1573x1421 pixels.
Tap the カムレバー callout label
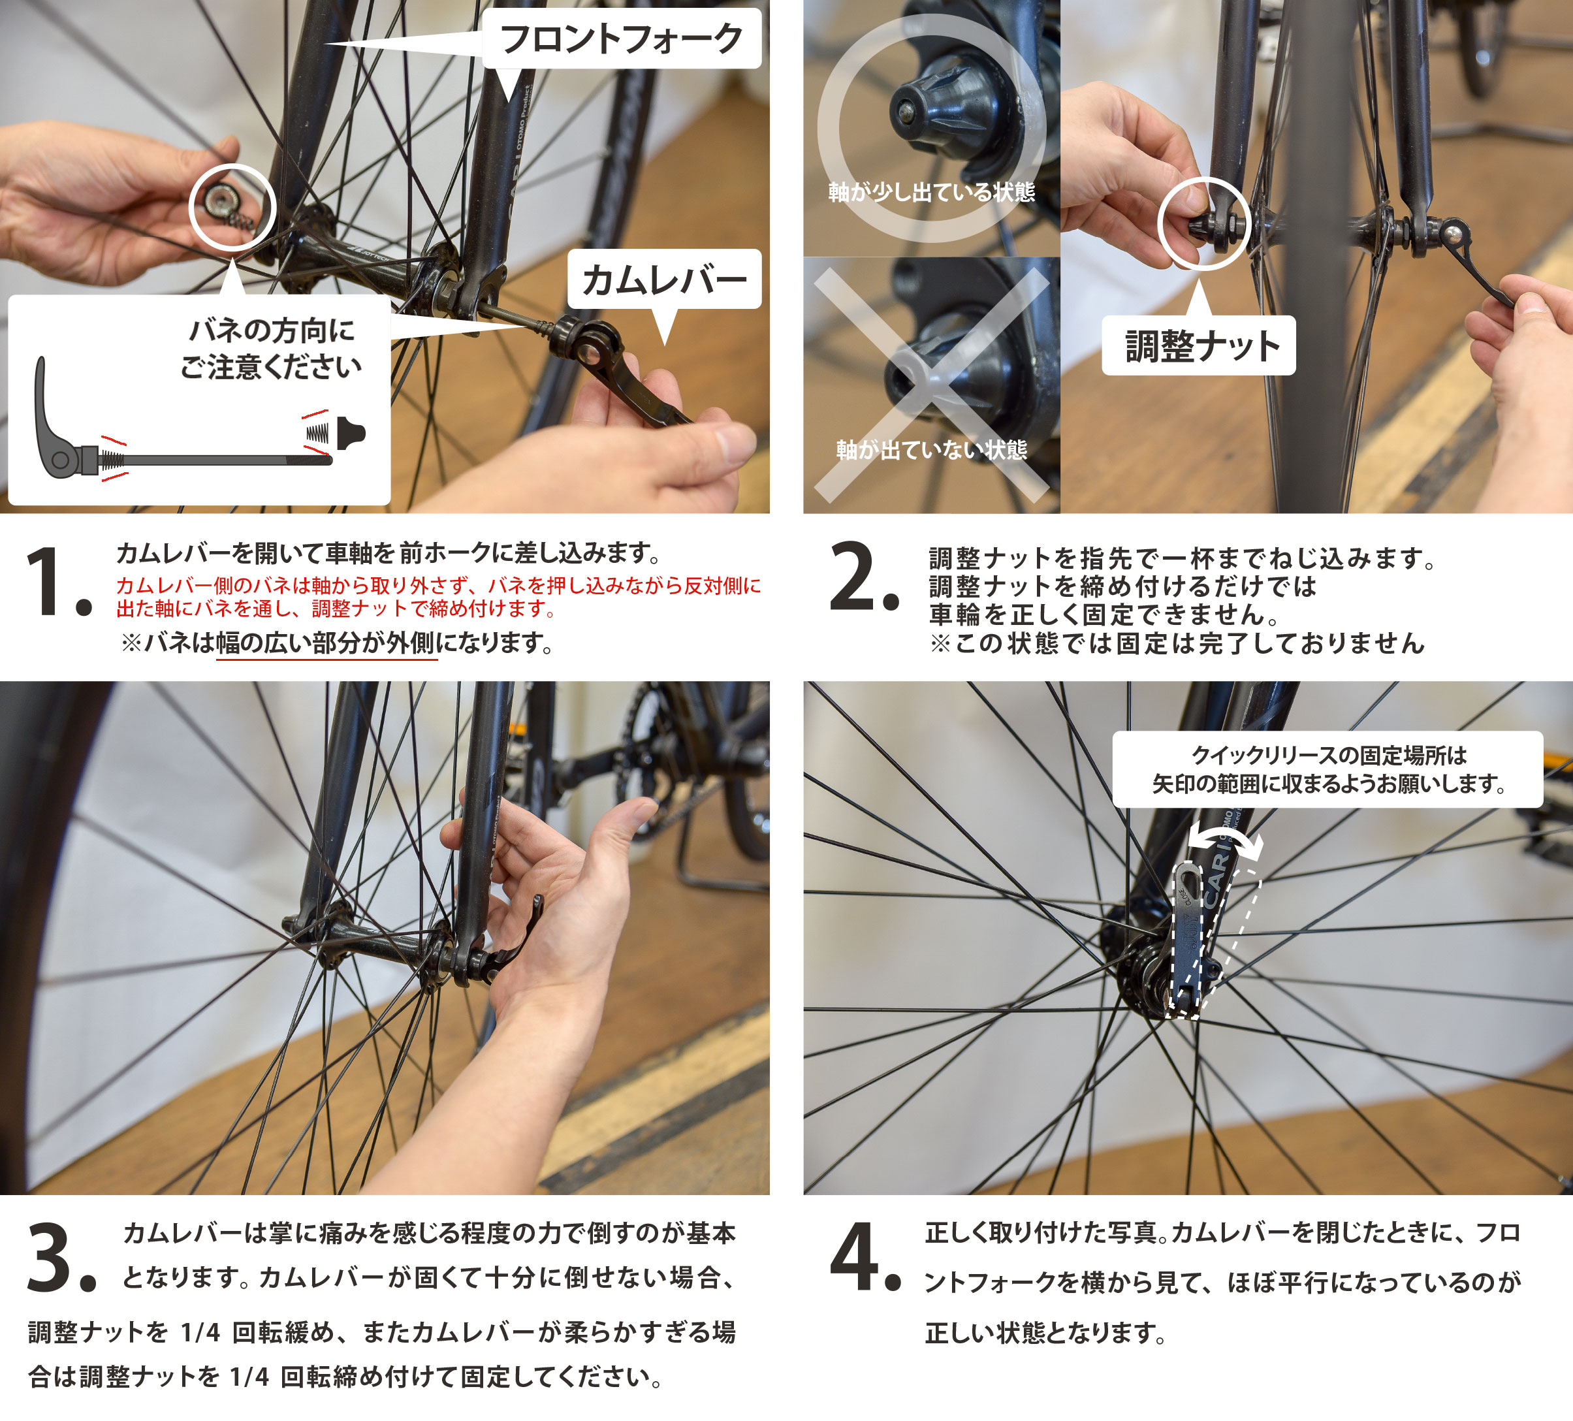(664, 279)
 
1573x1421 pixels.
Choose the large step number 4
(865, 1256)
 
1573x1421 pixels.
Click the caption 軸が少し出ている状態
(932, 192)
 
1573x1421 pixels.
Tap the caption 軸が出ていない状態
(932, 449)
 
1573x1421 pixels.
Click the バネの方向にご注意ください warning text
(271, 348)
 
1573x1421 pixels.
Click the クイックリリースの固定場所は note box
(1327, 769)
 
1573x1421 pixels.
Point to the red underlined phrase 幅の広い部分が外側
(325, 643)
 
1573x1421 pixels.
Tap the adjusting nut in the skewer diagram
(351, 433)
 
